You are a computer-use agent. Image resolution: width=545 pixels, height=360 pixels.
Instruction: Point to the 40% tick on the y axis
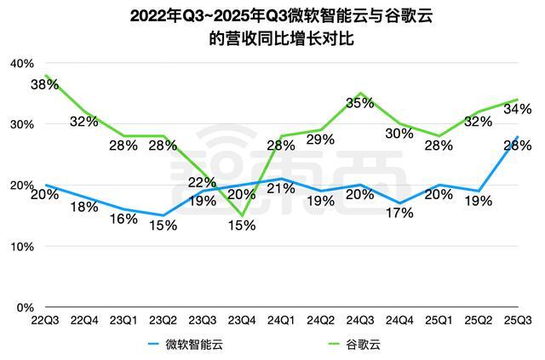pyautogui.click(x=21, y=63)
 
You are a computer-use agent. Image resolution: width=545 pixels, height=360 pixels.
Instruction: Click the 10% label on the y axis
pyautogui.click(x=21, y=246)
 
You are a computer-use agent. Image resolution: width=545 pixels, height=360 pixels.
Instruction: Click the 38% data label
pyautogui.click(x=44, y=84)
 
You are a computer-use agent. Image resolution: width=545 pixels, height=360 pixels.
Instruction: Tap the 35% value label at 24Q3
pyautogui.click(x=360, y=104)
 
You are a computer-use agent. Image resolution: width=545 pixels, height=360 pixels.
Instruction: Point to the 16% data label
pyautogui.click(x=123, y=218)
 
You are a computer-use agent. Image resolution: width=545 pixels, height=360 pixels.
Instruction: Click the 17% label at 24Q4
pyautogui.click(x=399, y=213)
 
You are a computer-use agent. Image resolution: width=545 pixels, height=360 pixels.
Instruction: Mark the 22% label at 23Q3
pyautogui.click(x=202, y=182)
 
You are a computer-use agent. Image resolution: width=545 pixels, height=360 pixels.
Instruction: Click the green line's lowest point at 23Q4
pyautogui.click(x=242, y=215)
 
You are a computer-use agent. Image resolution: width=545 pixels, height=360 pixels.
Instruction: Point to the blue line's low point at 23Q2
pyautogui.click(x=163, y=215)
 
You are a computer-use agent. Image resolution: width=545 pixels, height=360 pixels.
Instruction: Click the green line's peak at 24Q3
pyautogui.click(x=360, y=93)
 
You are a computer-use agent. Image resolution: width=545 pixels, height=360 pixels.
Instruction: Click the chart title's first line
pyautogui.click(x=272, y=15)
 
